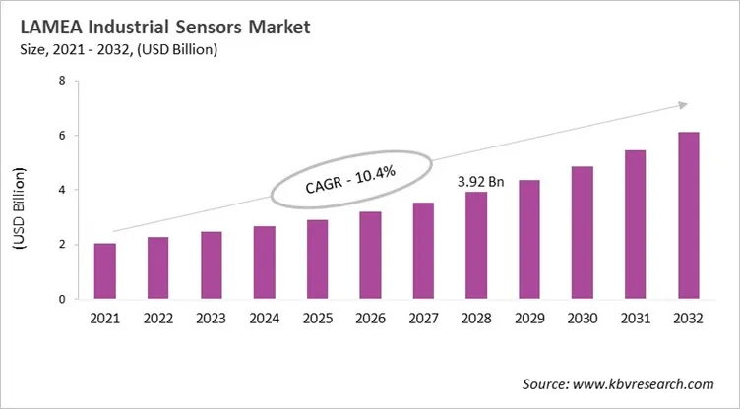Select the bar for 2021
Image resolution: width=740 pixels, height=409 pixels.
coord(105,271)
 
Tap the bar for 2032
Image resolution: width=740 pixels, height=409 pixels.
coord(688,216)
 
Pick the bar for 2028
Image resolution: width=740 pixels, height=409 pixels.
coord(476,246)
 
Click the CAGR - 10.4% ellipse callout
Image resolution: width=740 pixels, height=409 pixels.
coord(350,179)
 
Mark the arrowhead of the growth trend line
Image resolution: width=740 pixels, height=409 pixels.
coord(681,104)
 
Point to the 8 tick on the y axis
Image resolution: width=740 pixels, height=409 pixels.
coord(61,81)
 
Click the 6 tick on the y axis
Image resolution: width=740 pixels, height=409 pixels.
coord(61,136)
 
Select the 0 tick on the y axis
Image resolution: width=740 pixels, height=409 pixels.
coord(61,299)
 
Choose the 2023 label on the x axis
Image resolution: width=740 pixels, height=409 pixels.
coord(211,320)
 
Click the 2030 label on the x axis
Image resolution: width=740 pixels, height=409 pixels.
coord(582,320)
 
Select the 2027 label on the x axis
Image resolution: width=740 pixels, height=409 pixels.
coord(423,320)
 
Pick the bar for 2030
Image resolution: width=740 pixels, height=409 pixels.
coord(582,233)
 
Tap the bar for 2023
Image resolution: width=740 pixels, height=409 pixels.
coord(211,265)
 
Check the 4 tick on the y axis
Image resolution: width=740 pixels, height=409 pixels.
coord(61,190)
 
